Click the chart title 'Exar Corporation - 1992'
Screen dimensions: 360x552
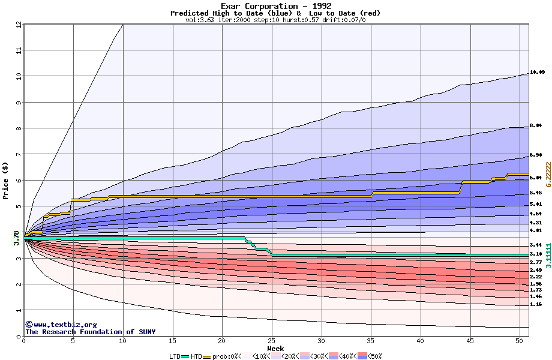tap(275, 6)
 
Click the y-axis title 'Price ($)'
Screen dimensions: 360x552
tap(5, 181)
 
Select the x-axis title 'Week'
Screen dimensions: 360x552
tap(275, 348)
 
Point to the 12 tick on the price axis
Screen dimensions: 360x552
tap(19, 25)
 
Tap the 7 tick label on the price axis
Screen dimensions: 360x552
tap(19, 155)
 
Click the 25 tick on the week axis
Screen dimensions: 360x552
tap(272, 341)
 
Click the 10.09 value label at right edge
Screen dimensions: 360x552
tap(537, 73)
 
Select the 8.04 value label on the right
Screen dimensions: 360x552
tap(536, 126)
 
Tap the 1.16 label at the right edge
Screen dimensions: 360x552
tap(536, 305)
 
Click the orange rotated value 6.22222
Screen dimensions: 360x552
tap(548, 175)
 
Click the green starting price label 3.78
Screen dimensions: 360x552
tap(16, 238)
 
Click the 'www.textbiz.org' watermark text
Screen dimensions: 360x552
tap(61, 325)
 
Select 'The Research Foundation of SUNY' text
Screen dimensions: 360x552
tap(90, 332)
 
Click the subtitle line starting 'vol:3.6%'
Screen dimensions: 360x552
tap(275, 20)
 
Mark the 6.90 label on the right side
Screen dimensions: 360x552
tap(536, 155)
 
